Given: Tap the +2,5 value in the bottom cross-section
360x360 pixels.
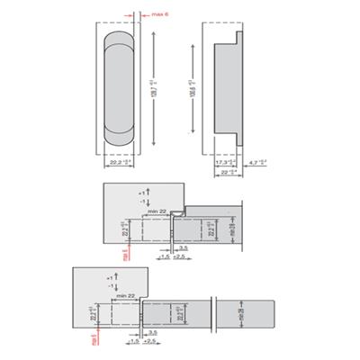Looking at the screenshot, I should pos(149,342).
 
